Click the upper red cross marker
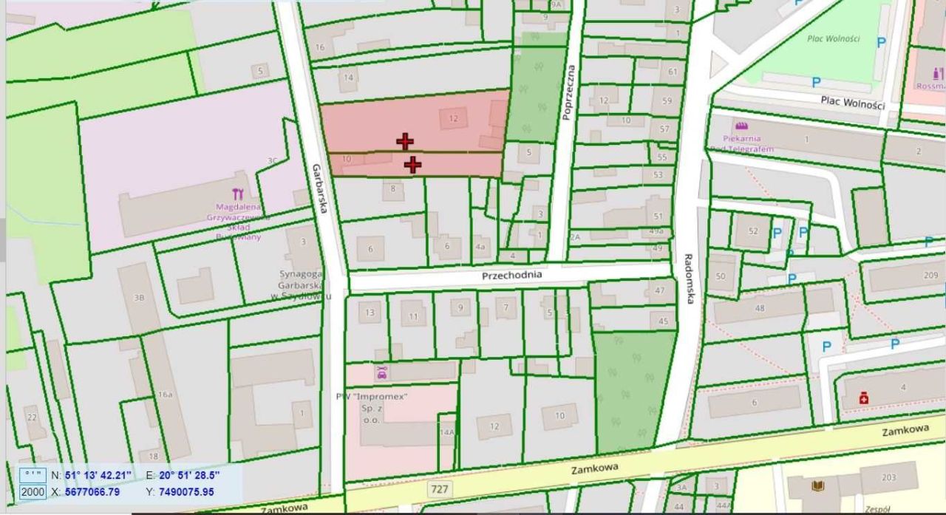[x=405, y=141]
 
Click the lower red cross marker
[x=412, y=165]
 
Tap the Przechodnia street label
[x=511, y=275]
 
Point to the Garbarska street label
[x=319, y=189]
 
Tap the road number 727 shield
[x=439, y=488]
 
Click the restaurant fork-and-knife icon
[x=237, y=194]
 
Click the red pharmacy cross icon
[x=862, y=399]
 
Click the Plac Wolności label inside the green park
[x=832, y=38]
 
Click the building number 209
[x=930, y=276]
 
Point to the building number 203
[x=889, y=478]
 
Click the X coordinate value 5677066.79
[x=92, y=491]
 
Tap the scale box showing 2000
[x=33, y=492]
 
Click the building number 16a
[x=165, y=395]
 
